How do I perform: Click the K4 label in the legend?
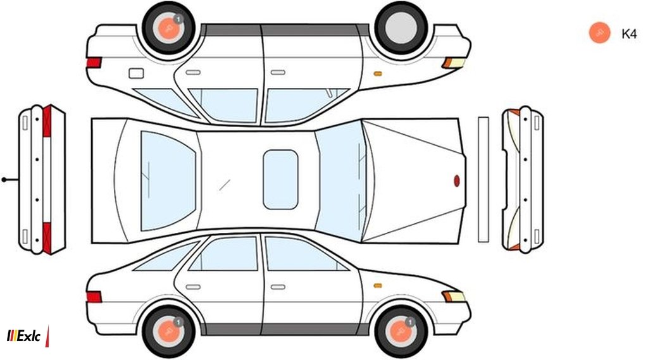[629, 34]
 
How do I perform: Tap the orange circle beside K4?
[600, 32]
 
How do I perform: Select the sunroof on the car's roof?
[280, 180]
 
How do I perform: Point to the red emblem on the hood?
[457, 180]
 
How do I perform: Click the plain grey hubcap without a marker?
[401, 28]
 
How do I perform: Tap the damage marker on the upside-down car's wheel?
[168, 28]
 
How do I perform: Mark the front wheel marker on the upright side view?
[401, 331]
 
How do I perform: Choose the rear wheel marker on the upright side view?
[168, 331]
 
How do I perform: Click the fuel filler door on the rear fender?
[137, 73]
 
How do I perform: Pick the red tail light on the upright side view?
[94, 297]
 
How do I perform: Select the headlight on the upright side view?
[454, 296]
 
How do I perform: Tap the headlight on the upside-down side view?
[454, 63]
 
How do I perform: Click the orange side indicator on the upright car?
[377, 285]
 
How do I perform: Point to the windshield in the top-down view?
[339, 181]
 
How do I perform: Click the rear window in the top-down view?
[168, 181]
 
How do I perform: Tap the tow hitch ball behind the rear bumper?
[4, 180]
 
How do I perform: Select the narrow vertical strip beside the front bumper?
[483, 180]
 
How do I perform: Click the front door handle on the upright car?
[278, 287]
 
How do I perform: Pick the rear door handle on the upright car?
[193, 287]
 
